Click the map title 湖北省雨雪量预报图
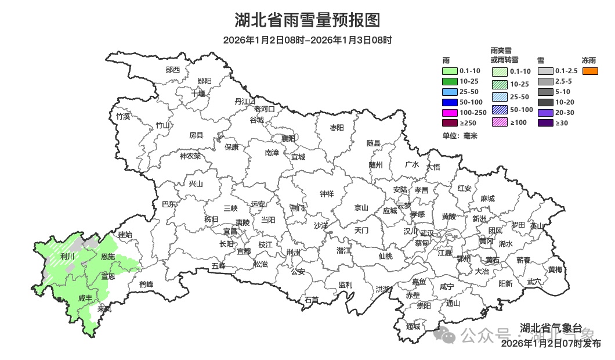click(x=307, y=21)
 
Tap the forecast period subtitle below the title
click(x=307, y=40)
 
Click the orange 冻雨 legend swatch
click(x=590, y=71)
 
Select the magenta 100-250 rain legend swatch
click(x=450, y=113)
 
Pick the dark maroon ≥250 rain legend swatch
click(x=450, y=123)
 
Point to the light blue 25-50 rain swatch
click(x=450, y=92)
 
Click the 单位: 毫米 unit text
click(x=460, y=136)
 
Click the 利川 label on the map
click(x=67, y=256)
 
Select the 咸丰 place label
click(x=85, y=298)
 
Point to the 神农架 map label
click(x=190, y=156)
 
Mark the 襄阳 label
click(x=288, y=138)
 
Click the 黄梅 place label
click(x=555, y=269)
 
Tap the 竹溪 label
click(x=123, y=116)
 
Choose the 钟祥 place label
click(x=327, y=195)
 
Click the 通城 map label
click(x=413, y=326)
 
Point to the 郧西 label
click(x=173, y=70)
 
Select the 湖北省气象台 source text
click(x=551, y=327)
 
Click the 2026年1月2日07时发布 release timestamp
click(x=551, y=344)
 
